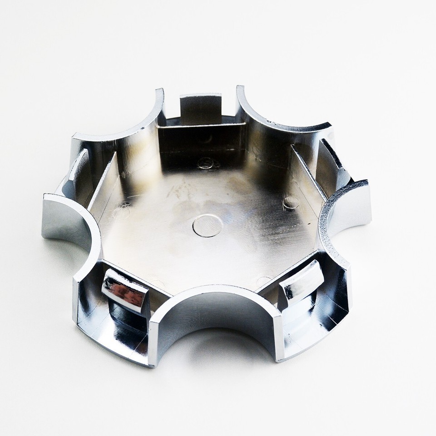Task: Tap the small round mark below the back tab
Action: [207, 161]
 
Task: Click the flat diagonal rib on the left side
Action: [103, 182]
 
